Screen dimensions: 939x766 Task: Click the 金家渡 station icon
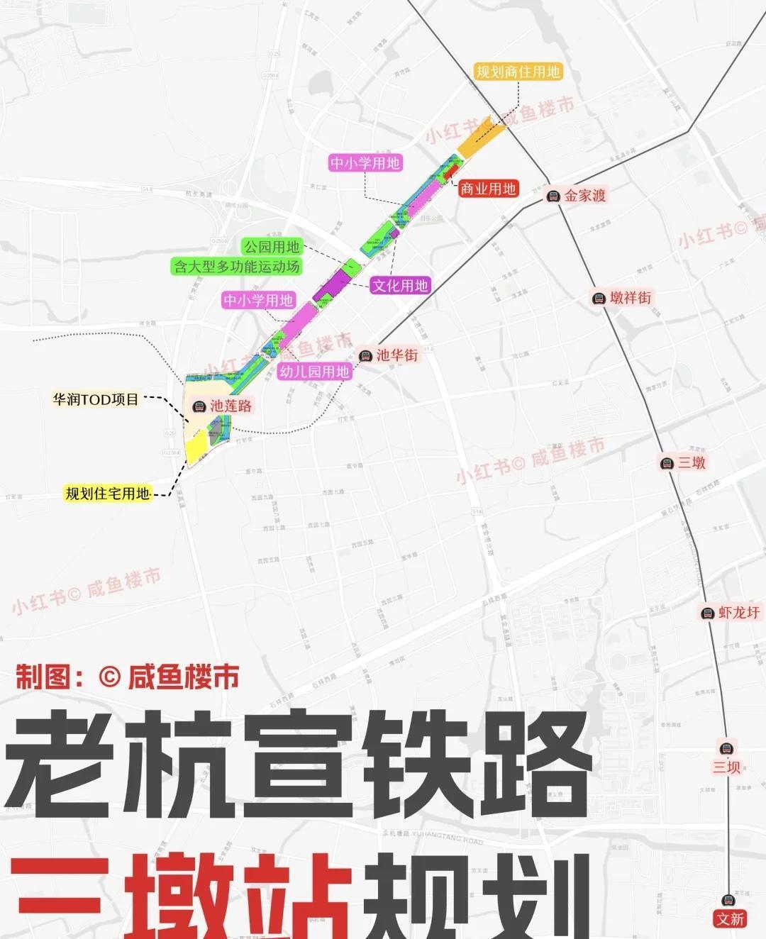tap(554, 196)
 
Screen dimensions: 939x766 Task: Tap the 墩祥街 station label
tap(630, 298)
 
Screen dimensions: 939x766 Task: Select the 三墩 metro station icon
tap(667, 464)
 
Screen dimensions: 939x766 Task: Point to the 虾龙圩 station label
tap(738, 612)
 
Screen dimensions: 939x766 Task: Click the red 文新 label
tap(730, 919)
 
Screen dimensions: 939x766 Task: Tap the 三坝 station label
tap(726, 767)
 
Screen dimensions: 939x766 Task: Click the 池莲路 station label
tap(231, 406)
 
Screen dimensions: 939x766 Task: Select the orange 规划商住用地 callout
tap(518, 72)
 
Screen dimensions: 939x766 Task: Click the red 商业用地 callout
tap(488, 189)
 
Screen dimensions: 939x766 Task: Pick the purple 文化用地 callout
tap(400, 286)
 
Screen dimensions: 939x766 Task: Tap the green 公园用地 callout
tap(272, 247)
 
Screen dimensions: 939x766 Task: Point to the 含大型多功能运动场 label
tap(237, 267)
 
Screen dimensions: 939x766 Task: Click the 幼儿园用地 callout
tap(314, 372)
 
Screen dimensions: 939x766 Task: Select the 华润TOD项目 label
tap(96, 399)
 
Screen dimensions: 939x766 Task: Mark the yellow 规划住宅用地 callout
tap(108, 494)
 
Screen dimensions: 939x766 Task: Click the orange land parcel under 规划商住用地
tap(481, 139)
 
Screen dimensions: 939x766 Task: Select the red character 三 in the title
tap(60, 897)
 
